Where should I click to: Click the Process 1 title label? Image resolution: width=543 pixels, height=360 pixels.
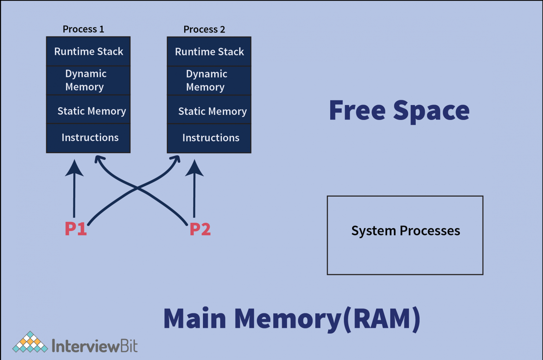pyautogui.click(x=83, y=29)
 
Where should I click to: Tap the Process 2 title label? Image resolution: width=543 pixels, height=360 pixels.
pyautogui.click(x=204, y=29)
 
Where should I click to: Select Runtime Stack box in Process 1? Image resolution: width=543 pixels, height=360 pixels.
pyautogui.click(x=88, y=52)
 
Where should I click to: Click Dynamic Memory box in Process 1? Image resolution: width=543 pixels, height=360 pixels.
pyautogui.click(x=88, y=80)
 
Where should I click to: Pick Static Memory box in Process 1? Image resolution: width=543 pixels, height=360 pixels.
pyautogui.click(x=88, y=111)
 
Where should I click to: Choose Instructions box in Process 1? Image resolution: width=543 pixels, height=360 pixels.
pyautogui.click(x=88, y=138)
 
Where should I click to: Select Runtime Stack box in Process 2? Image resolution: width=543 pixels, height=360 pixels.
pyautogui.click(x=209, y=52)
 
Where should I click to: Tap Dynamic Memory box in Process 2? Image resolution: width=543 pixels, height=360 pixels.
pyautogui.click(x=209, y=81)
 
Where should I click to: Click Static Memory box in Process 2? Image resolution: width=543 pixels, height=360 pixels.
pyautogui.click(x=209, y=111)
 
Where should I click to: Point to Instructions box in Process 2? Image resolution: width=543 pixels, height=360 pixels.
pyautogui.click(x=209, y=138)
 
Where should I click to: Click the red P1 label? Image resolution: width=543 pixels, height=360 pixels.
pyautogui.click(x=76, y=229)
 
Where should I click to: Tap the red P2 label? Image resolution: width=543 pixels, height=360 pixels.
pyautogui.click(x=200, y=229)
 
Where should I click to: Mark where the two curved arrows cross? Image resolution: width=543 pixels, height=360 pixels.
pyautogui.click(x=137, y=188)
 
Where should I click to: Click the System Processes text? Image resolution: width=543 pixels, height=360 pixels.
pyautogui.click(x=405, y=231)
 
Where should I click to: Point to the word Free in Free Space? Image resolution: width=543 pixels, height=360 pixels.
pyautogui.click(x=357, y=111)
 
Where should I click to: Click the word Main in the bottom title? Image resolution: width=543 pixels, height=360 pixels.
pyautogui.click(x=194, y=319)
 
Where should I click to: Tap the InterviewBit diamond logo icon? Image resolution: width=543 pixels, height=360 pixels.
pyautogui.click(x=30, y=342)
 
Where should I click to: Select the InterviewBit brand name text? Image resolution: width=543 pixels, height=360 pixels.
pyautogui.click(x=94, y=346)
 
